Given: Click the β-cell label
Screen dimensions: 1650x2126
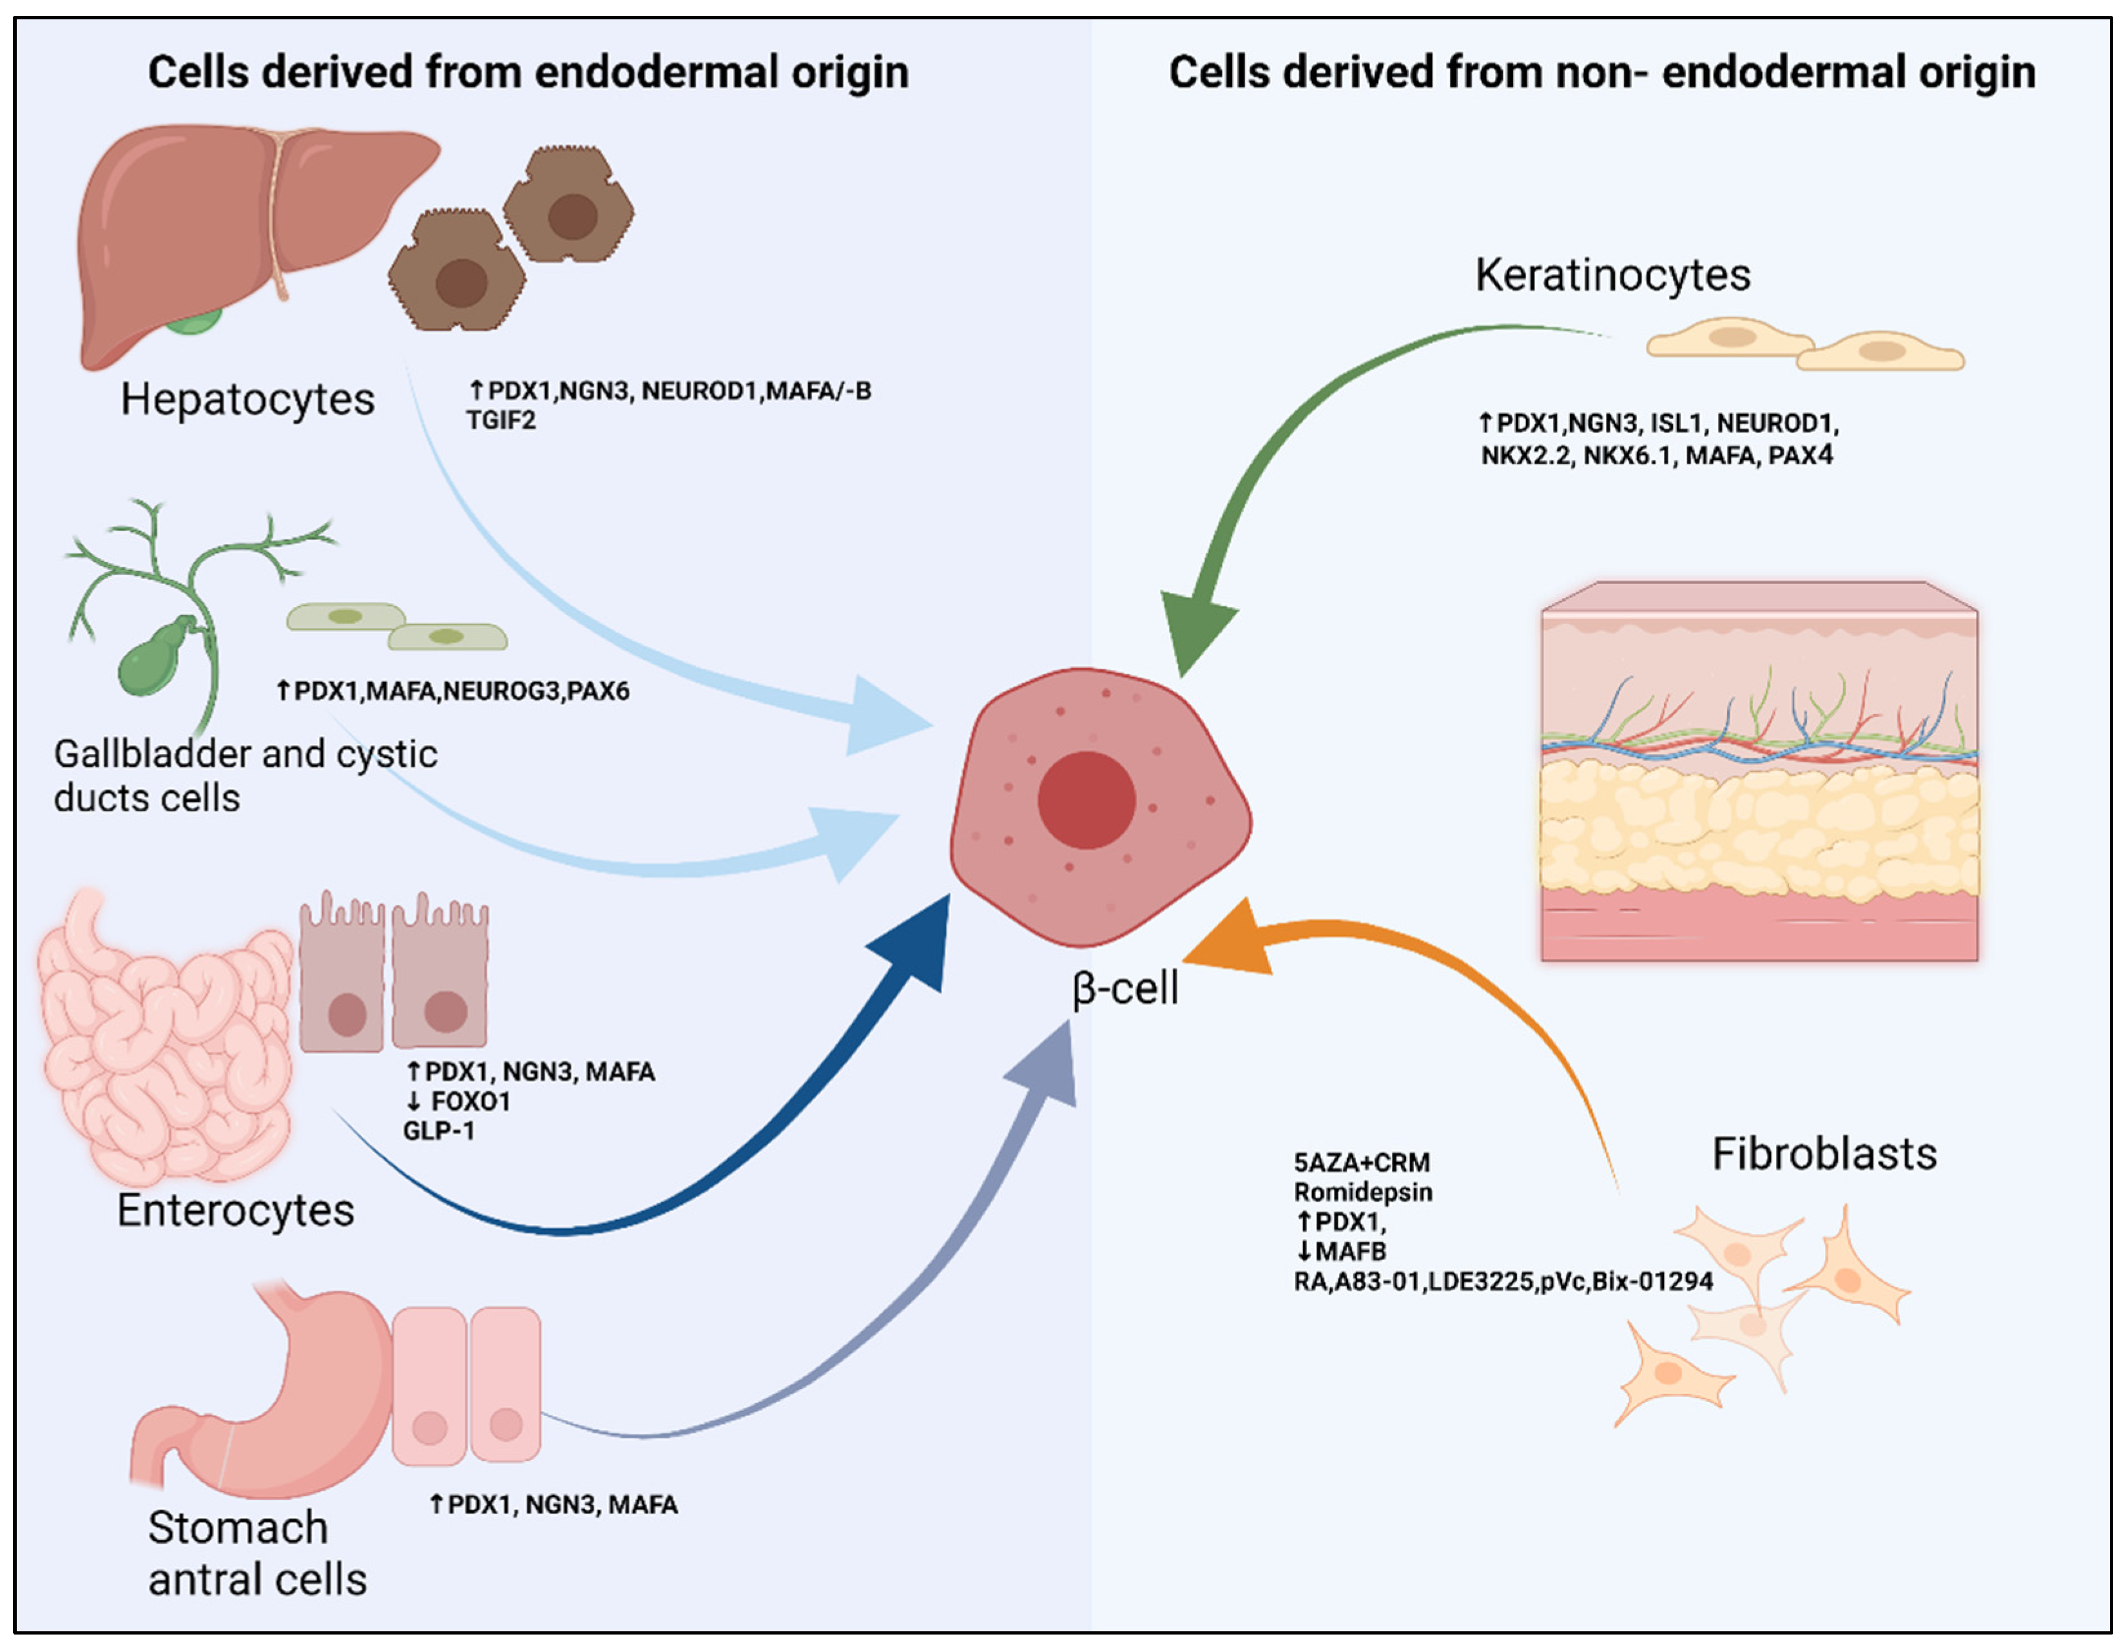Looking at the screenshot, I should tap(1125, 989).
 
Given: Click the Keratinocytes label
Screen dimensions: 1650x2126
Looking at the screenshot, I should tap(1612, 275).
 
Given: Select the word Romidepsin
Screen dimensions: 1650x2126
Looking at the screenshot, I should tap(1363, 1192).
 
